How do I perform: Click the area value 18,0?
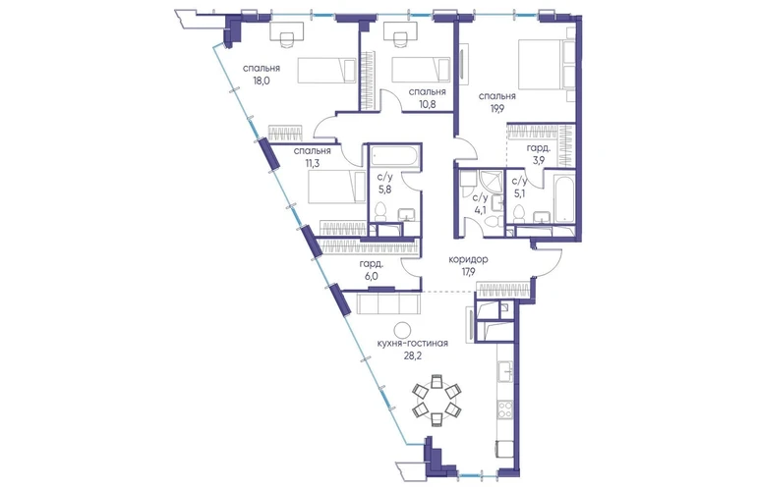[261, 81]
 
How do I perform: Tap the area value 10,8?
[428, 104]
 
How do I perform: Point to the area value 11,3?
[313, 163]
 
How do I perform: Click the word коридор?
[468, 259]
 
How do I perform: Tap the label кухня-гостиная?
[413, 344]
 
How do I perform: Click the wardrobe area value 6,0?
[372, 276]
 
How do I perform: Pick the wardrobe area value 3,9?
[538, 161]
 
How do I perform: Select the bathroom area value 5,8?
[384, 190]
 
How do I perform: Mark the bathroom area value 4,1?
[481, 210]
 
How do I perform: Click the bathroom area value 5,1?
[519, 194]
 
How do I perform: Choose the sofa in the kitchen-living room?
[388, 302]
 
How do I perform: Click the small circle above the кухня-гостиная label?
[402, 330]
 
